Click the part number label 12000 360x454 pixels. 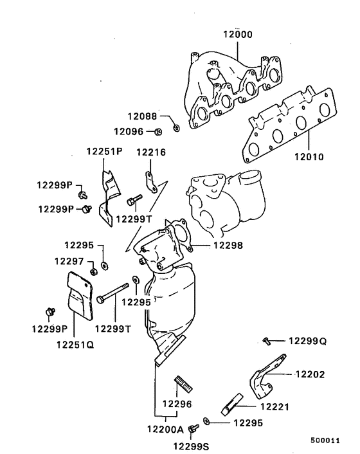[239, 35]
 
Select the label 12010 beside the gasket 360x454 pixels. [309, 156]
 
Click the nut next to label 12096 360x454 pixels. [158, 132]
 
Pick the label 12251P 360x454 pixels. [104, 152]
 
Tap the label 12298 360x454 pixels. [230, 245]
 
